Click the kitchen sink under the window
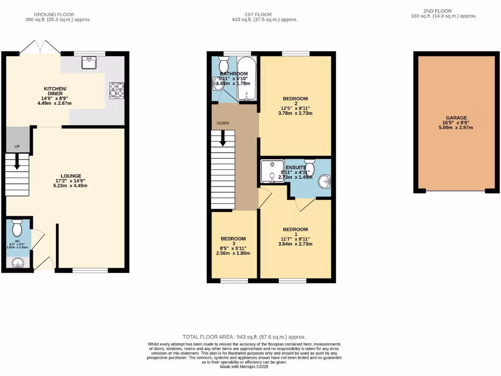(x=90, y=62)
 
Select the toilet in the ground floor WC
(x=17, y=228)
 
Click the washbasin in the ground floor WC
(x=18, y=263)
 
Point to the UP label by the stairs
(x=17, y=147)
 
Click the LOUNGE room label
(x=71, y=176)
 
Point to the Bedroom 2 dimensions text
(x=295, y=111)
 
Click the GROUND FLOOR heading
(x=58, y=15)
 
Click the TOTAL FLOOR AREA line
(x=244, y=337)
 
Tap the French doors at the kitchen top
(x=40, y=47)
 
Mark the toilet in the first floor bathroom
(x=225, y=64)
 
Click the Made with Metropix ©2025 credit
(x=244, y=367)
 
